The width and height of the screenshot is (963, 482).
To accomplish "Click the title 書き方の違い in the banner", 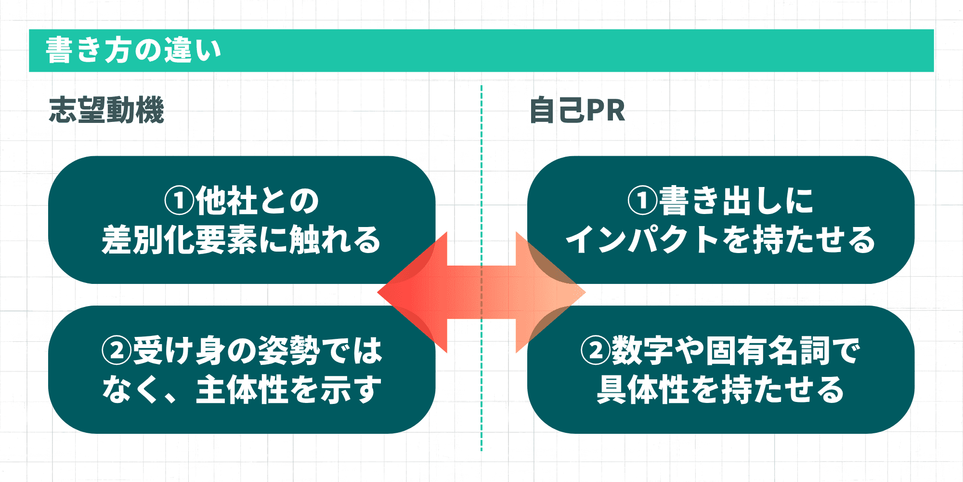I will (x=133, y=50).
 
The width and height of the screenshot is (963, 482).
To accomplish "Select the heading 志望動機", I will (x=106, y=110).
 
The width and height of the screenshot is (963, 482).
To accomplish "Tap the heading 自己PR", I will (x=577, y=110).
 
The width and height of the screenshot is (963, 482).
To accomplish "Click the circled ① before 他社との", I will (x=179, y=201).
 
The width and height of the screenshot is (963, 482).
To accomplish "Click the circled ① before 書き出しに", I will (x=642, y=201).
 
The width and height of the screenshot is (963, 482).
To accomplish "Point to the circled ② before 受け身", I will (x=117, y=350).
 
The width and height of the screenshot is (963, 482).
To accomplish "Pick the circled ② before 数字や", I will (x=596, y=350).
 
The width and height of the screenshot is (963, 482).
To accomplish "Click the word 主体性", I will (x=242, y=389).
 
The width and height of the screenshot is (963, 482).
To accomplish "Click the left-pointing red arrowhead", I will (x=409, y=292).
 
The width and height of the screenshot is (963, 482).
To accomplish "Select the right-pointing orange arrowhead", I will (x=554, y=292).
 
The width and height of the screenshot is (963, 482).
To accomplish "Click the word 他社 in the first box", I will (x=226, y=201).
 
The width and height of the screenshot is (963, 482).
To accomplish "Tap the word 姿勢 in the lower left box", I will (x=289, y=350).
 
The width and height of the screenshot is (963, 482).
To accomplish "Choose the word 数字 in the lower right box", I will (x=642, y=350).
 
